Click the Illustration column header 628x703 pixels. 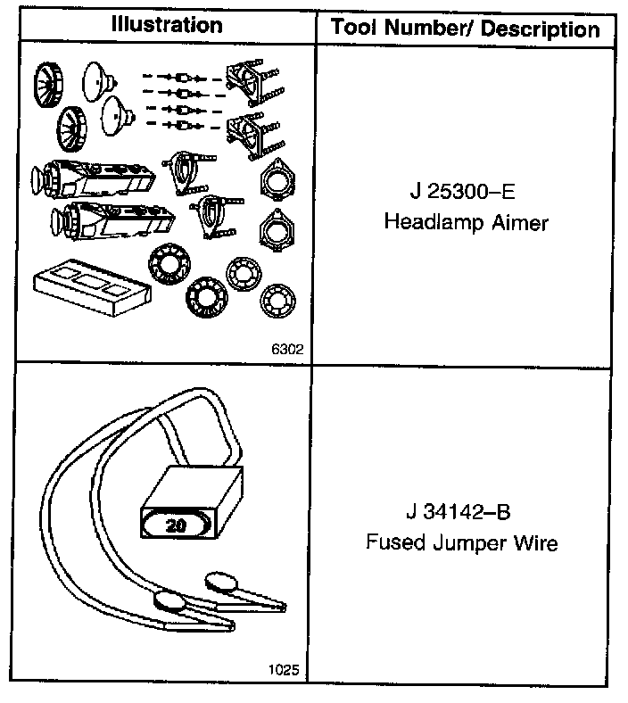point(167,24)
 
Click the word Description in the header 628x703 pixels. point(541,29)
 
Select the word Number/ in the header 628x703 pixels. point(427,29)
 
